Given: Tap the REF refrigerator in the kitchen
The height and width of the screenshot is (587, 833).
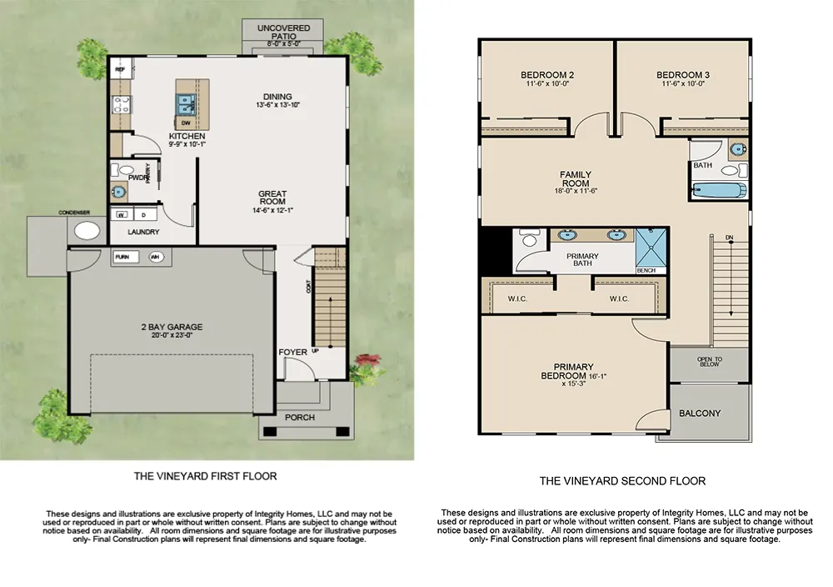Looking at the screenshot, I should [119, 70].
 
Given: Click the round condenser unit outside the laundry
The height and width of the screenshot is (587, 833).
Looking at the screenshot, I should [86, 231].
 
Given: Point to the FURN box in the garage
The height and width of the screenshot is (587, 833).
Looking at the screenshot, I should [122, 257].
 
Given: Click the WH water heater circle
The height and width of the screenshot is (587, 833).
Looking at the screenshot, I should [155, 257].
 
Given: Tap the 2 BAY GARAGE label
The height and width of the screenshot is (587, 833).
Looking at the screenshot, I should [173, 327].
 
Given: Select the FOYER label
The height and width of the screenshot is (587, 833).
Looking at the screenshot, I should [292, 352].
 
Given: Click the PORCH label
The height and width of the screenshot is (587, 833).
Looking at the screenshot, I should [300, 417].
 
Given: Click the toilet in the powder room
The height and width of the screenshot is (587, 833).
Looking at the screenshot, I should [126, 170].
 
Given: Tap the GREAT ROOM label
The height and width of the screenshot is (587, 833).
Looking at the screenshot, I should [272, 197].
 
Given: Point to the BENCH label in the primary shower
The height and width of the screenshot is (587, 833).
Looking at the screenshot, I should [646, 270].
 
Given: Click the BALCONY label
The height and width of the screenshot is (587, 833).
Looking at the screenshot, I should [700, 413].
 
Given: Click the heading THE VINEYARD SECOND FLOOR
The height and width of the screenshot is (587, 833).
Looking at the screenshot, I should [622, 480].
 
